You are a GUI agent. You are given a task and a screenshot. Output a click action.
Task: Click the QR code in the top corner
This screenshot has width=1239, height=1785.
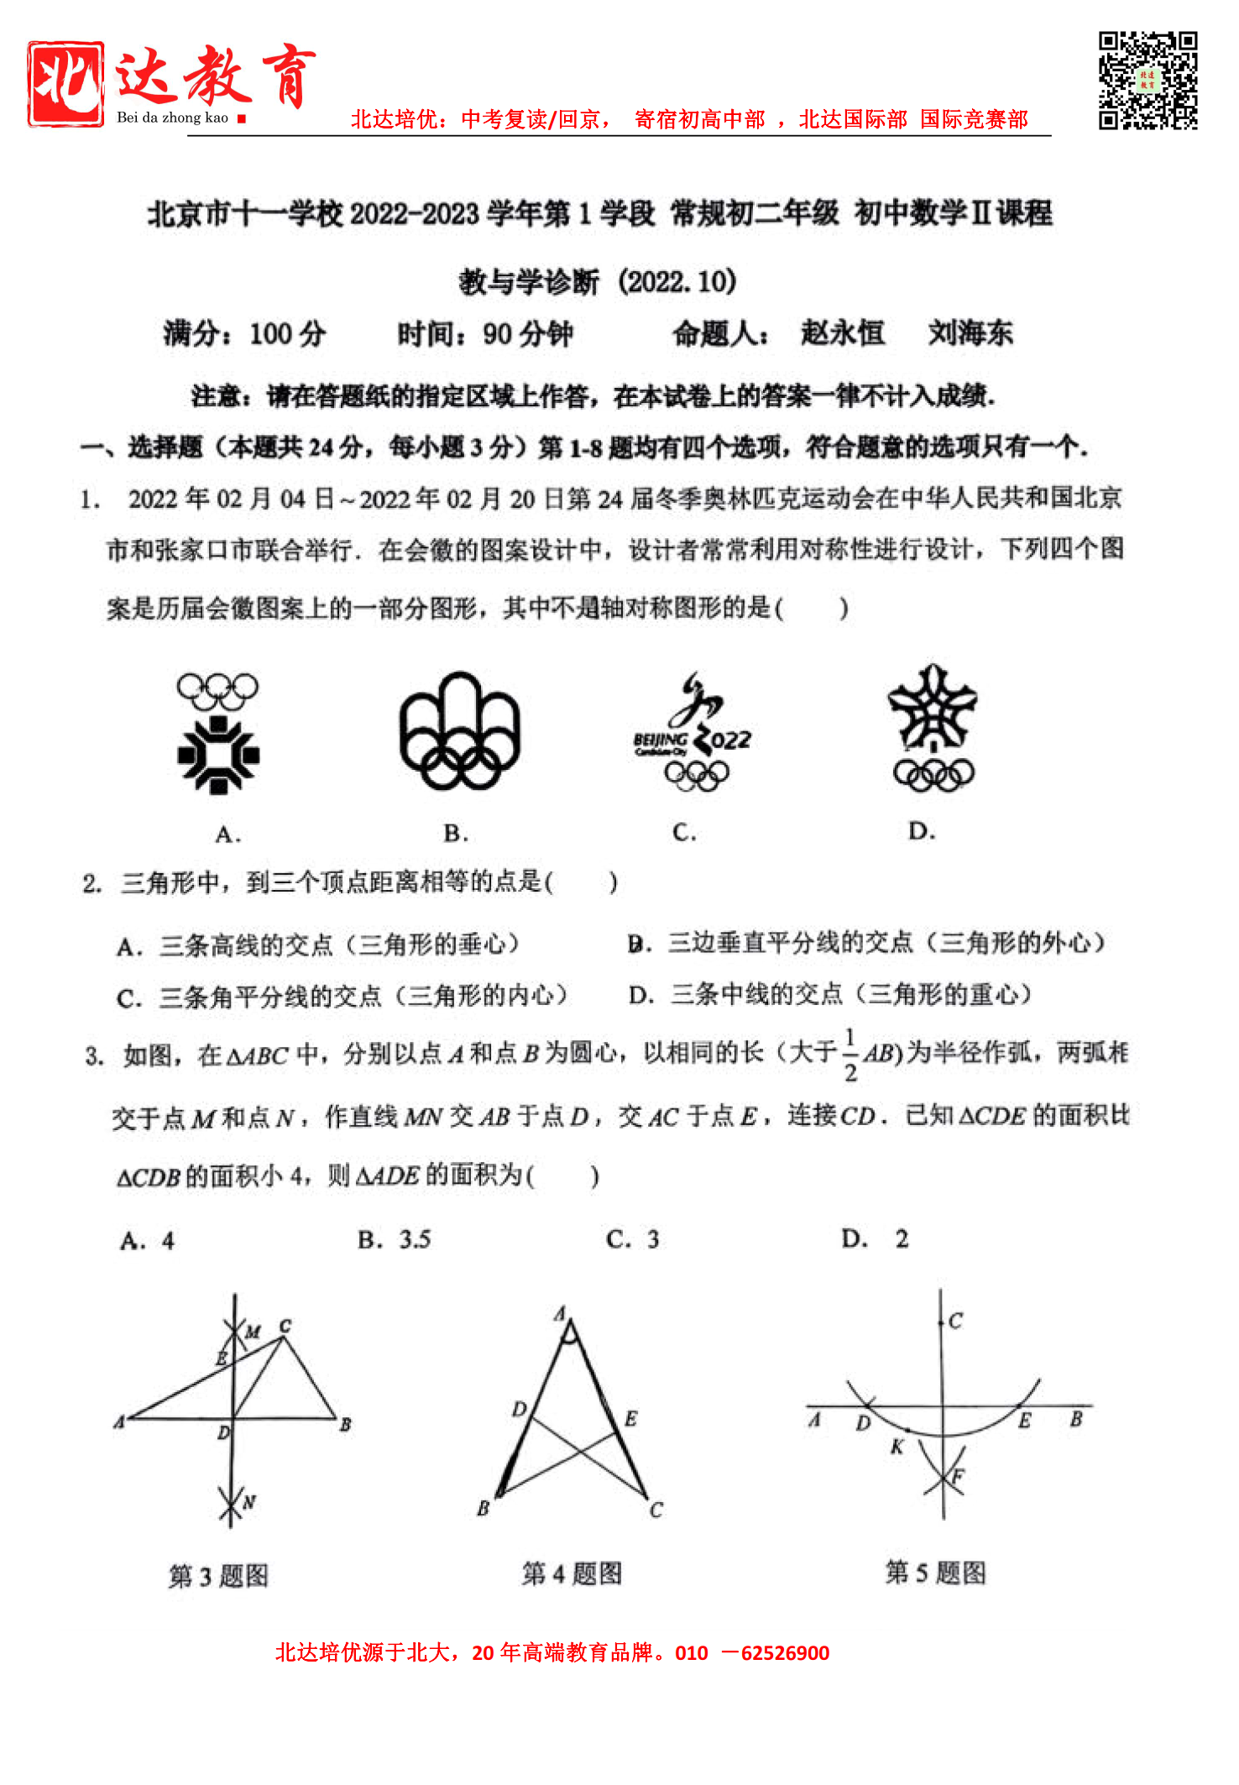(1148, 81)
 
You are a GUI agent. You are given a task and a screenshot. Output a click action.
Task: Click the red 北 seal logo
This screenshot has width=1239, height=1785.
(65, 84)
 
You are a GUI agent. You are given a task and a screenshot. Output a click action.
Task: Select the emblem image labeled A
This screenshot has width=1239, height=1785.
(218, 734)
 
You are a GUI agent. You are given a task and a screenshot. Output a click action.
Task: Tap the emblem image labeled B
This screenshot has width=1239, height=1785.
(458, 731)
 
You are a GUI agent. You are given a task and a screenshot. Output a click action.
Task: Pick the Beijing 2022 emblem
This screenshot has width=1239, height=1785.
(693, 732)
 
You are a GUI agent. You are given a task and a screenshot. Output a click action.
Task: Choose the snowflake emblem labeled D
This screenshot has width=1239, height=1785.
(933, 728)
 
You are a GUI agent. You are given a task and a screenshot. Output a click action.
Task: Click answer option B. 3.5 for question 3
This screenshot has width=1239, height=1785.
(394, 1240)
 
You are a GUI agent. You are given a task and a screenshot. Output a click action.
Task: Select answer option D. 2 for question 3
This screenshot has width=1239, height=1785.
(876, 1239)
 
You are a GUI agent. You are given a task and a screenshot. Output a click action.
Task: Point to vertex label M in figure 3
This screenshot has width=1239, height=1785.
(254, 1332)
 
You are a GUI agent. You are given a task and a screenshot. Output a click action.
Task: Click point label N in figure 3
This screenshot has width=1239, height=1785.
(249, 1502)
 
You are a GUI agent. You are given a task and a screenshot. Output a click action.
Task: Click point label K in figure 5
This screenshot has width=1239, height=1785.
(897, 1447)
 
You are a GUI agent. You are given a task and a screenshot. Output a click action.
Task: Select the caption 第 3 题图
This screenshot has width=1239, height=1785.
(218, 1576)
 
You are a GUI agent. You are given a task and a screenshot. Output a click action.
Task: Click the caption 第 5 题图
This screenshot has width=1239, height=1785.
(935, 1573)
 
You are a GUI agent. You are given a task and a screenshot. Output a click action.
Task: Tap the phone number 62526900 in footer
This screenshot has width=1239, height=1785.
(785, 1653)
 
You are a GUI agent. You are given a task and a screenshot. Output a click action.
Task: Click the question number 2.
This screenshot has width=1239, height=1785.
(91, 883)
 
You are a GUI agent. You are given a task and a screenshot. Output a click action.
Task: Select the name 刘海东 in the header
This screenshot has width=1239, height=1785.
(970, 333)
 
